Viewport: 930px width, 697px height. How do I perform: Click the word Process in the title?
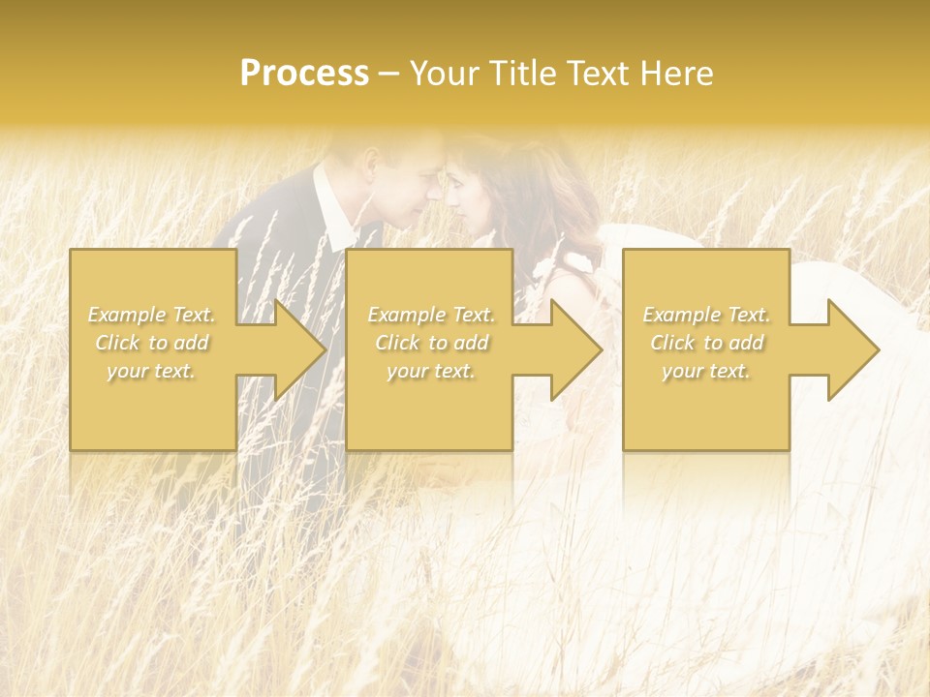click(304, 74)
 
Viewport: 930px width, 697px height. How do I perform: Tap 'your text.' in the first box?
click(150, 371)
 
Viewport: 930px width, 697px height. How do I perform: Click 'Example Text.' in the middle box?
click(430, 315)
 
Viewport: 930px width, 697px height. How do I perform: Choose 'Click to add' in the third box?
click(706, 343)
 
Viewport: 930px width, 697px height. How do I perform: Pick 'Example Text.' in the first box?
click(150, 315)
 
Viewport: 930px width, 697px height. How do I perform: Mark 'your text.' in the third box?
click(706, 371)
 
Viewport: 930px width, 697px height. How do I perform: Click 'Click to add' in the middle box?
click(430, 343)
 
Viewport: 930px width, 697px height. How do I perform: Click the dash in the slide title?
click(389, 74)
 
